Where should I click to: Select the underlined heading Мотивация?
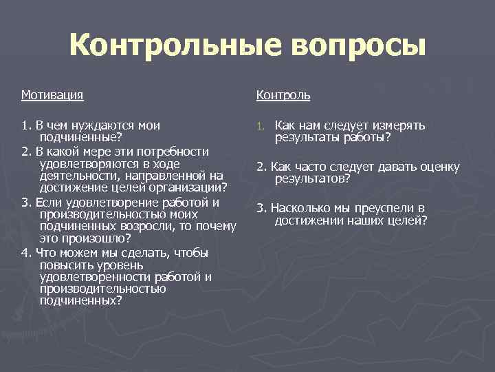click(x=52, y=94)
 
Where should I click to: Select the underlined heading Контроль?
click(x=283, y=94)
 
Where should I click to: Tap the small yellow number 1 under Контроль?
click(x=261, y=126)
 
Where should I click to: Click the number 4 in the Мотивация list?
click(x=25, y=252)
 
